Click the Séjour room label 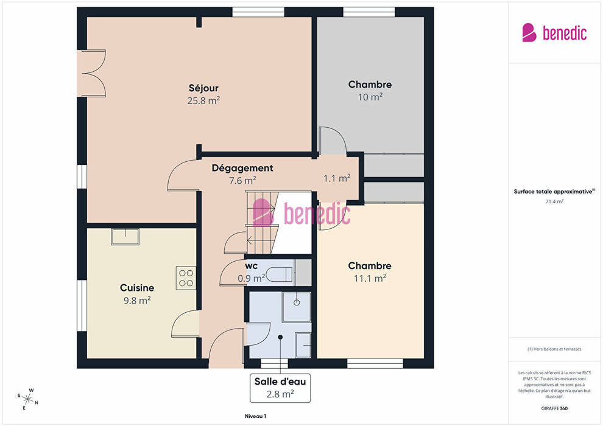point(203,88)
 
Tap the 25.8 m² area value point(203,100)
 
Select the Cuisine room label point(137,288)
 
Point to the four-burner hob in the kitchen point(186,278)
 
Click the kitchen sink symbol point(125,237)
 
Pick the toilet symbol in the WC point(280,274)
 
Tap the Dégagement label point(242,168)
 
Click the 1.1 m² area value point(337,178)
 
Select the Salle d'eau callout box point(280,388)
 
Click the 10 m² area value point(370,97)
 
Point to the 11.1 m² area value point(370,278)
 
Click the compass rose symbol point(27,399)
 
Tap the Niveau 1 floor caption point(255,416)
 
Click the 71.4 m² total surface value point(554,201)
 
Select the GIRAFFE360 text point(554,408)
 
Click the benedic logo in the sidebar point(554,33)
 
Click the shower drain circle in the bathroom point(297,302)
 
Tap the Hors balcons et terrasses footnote point(554,349)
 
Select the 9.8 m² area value point(137,301)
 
